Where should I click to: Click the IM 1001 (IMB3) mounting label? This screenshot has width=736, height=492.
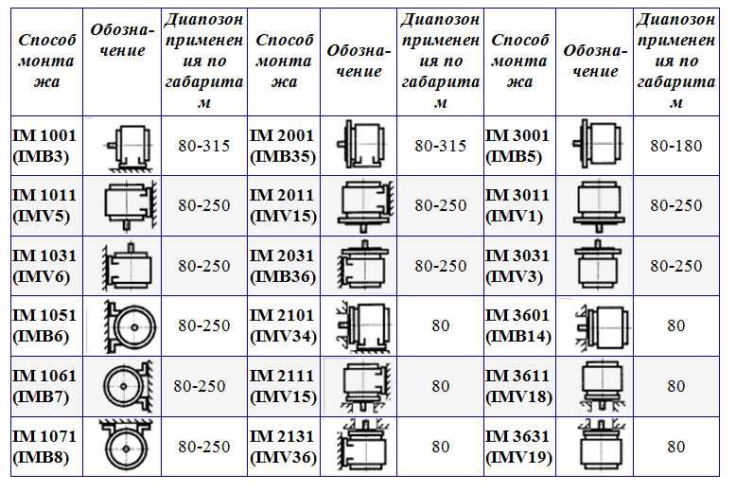44,146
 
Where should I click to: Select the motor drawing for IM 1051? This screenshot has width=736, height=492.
130,326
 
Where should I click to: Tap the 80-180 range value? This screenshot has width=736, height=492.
675,146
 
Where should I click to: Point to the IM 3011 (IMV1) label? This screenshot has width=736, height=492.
517,205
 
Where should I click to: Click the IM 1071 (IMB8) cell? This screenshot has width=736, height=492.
44,447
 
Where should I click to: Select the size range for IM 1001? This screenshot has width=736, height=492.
203,146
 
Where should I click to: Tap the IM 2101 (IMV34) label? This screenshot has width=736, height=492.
283,325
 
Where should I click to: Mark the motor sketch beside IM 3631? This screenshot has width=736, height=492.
602,445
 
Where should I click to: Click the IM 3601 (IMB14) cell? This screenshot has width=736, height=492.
518,325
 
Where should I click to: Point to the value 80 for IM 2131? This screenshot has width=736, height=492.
440,447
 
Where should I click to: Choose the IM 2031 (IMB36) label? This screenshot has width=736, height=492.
283,266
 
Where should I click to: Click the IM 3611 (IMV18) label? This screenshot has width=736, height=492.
518,386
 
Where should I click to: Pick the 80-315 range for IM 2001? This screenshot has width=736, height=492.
440,146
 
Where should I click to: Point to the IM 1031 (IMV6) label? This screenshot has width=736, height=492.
44,266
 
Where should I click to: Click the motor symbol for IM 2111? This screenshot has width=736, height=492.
366,386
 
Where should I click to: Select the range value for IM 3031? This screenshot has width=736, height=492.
675,266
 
